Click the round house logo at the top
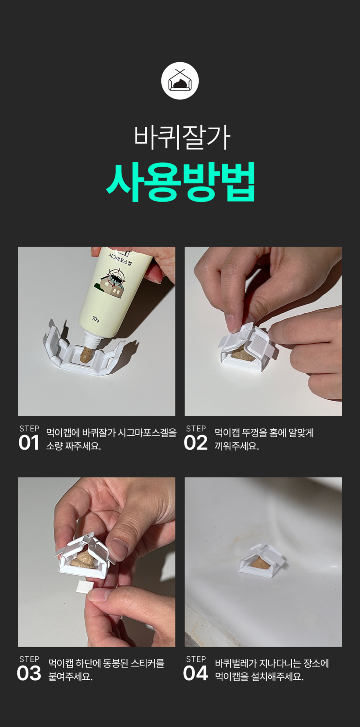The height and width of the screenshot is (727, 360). click(x=180, y=81)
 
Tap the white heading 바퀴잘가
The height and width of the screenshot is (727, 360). click(x=182, y=137)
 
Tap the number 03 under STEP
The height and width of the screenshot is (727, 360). click(x=29, y=673)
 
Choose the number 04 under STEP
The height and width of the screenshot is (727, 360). click(x=195, y=673)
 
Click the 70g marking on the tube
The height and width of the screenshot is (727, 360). click(x=96, y=319)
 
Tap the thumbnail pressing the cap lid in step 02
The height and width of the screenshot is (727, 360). click(x=231, y=323)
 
